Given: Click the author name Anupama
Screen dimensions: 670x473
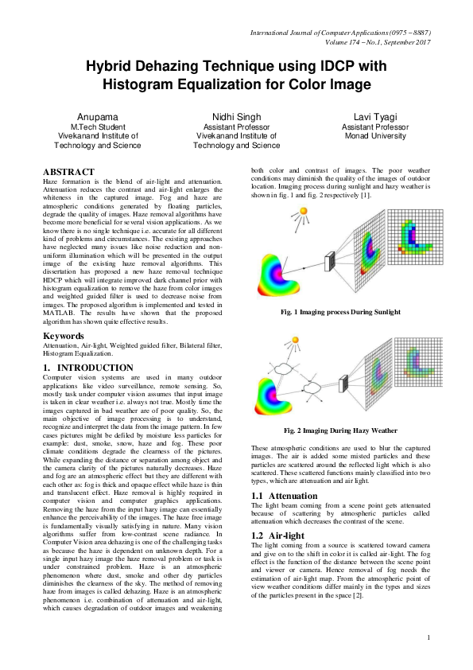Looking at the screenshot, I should click(x=96, y=117).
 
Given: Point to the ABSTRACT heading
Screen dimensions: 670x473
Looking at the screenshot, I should click(x=68, y=172).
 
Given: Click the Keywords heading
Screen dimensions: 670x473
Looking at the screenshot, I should click(x=64, y=337).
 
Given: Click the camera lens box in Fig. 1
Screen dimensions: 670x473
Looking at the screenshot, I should click(x=328, y=259).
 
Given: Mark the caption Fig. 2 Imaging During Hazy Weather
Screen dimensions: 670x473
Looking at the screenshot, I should click(x=340, y=430).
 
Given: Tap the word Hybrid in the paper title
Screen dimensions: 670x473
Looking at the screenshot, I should click(x=112, y=69).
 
